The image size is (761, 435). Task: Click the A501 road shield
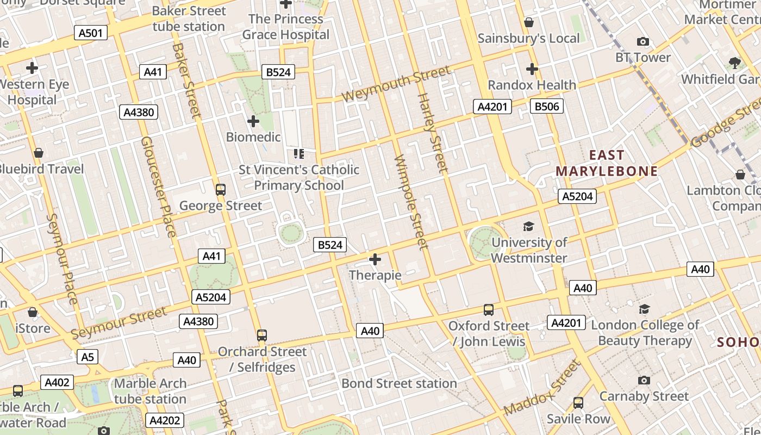pyautogui.click(x=91, y=33)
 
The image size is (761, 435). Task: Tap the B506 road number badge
pyautogui.click(x=546, y=106)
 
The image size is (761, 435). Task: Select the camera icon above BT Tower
pyautogui.click(x=643, y=42)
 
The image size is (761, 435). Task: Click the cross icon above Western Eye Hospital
pyautogui.click(x=32, y=68)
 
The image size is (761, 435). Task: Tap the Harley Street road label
pyautogui.click(x=433, y=133)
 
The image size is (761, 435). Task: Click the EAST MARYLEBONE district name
pyautogui.click(x=606, y=163)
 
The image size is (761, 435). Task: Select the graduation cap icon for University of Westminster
pyautogui.click(x=528, y=227)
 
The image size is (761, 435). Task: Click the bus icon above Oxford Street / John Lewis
pyautogui.click(x=489, y=310)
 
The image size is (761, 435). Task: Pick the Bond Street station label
pyautogui.click(x=399, y=383)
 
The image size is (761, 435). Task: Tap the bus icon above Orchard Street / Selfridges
pyautogui.click(x=262, y=335)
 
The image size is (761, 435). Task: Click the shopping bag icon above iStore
pyautogui.click(x=33, y=313)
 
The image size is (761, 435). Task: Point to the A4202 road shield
pyautogui.click(x=165, y=420)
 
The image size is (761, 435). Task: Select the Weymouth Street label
pyautogui.click(x=396, y=83)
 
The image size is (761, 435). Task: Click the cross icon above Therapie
pyautogui.click(x=375, y=259)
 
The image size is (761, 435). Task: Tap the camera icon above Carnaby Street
pyautogui.click(x=644, y=380)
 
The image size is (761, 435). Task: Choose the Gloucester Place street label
pyautogui.click(x=158, y=187)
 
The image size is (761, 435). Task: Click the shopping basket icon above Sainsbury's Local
pyautogui.click(x=528, y=22)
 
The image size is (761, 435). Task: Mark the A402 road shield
pyautogui.click(x=57, y=382)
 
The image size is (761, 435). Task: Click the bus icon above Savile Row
pyautogui.click(x=578, y=403)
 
